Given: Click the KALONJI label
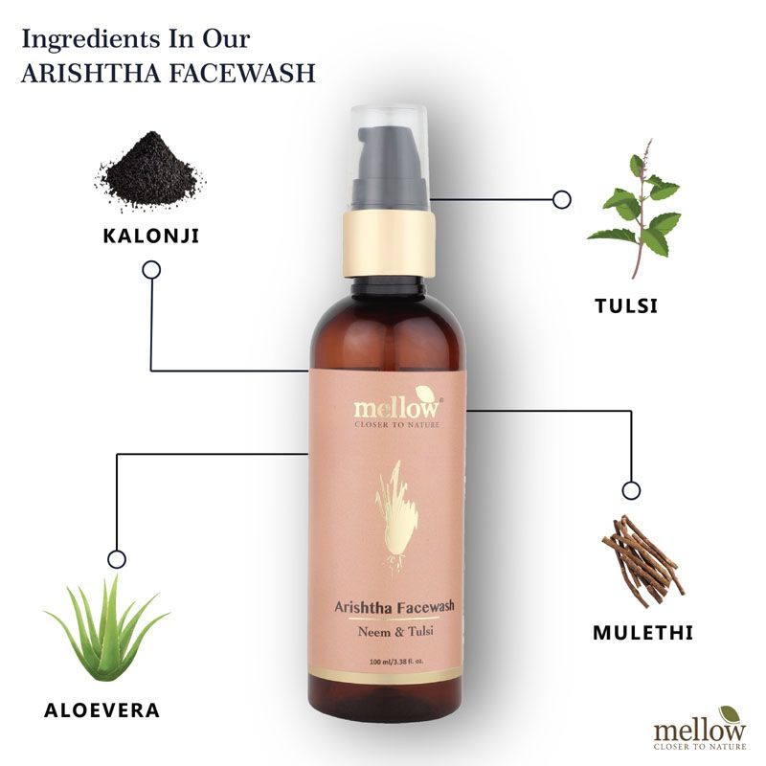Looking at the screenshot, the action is click(x=151, y=236).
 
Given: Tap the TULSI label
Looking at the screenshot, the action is click(x=626, y=305).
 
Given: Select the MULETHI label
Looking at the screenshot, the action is click(x=642, y=633).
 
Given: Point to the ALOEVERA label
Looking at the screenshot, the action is click(x=102, y=710).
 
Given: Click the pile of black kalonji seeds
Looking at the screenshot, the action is click(x=150, y=169).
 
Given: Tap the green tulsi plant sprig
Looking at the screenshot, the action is click(x=635, y=209).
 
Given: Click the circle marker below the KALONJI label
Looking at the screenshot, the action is click(x=151, y=270).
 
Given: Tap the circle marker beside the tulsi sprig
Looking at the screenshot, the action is click(x=562, y=199).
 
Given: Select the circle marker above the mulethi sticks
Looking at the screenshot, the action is click(x=631, y=490).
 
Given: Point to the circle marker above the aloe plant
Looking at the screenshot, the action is click(x=117, y=559).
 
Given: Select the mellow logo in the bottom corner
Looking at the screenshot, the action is click(x=700, y=729).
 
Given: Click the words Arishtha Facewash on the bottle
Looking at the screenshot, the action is click(x=394, y=607).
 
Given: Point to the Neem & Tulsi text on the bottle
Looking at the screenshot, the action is click(x=395, y=632).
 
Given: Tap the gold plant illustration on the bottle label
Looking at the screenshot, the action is click(x=396, y=517).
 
